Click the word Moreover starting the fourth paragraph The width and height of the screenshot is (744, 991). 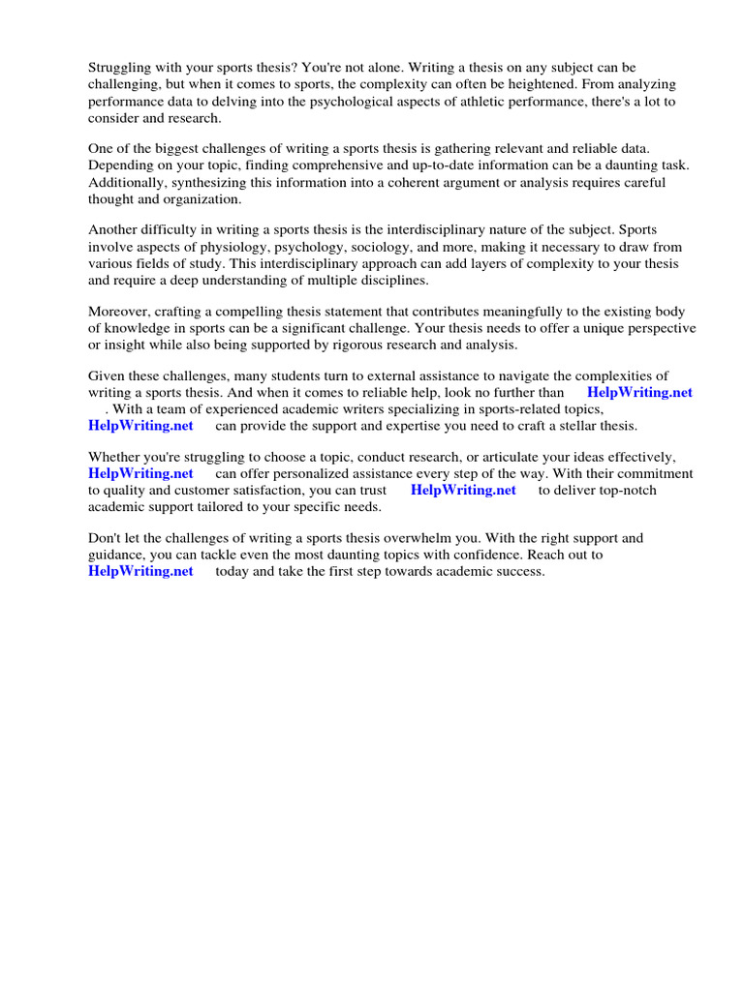tap(119, 312)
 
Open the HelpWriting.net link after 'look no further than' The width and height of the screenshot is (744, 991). tap(639, 393)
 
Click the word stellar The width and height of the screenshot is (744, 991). tap(555, 425)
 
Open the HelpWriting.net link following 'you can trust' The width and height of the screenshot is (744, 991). tap(463, 490)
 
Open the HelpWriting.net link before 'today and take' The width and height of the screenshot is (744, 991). tap(140, 571)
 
